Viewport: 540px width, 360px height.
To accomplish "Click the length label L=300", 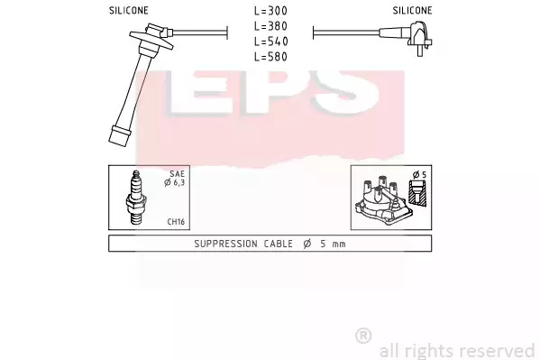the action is click(x=270, y=11).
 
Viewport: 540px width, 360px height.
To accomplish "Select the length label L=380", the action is click(x=270, y=26).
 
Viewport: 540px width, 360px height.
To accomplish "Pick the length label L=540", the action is click(x=270, y=42).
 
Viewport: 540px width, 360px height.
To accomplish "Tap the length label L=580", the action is click(x=270, y=57).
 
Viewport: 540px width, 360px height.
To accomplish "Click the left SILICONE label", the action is click(x=128, y=11).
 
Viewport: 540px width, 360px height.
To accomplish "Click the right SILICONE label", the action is click(x=412, y=11).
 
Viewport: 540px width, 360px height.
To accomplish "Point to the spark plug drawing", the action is click(x=136, y=198).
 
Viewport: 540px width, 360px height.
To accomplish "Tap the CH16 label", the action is click(x=176, y=221).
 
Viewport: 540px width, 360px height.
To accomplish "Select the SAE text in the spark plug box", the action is click(x=177, y=174).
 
